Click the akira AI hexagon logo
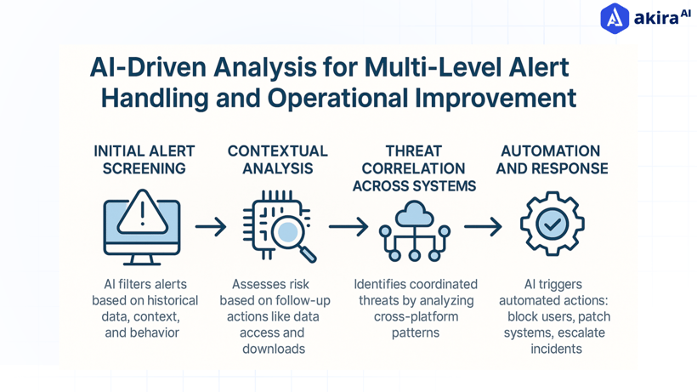[615, 18]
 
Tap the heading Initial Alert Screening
[144, 159]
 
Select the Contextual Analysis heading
[277, 159]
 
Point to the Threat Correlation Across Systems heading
[414, 168]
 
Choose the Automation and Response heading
[552, 159]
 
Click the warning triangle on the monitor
[142, 212]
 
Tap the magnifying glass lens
[288, 231]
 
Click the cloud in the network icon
[414, 213]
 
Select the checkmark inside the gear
[552, 224]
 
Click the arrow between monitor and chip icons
[210, 227]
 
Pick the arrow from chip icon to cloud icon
[348, 227]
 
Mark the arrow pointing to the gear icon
[482, 227]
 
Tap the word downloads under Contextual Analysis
[273, 349]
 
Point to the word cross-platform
[416, 316]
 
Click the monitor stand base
[141, 261]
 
